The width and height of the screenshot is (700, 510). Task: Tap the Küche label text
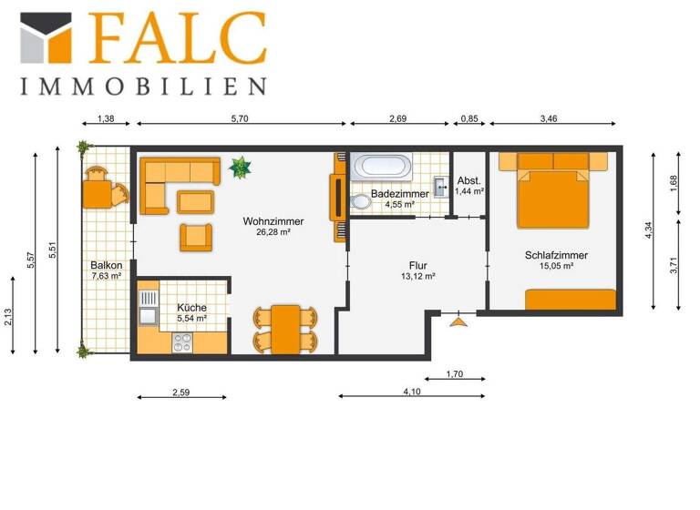tap(191, 307)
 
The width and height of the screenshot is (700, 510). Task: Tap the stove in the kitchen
tap(182, 342)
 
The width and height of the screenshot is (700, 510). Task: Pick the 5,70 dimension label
tap(239, 119)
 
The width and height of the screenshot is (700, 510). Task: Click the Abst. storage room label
tap(468, 179)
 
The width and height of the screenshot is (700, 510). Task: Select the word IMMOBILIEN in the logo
tap(143, 87)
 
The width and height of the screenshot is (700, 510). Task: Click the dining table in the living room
tap(286, 328)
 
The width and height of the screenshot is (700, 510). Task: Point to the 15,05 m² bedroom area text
tap(555, 266)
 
